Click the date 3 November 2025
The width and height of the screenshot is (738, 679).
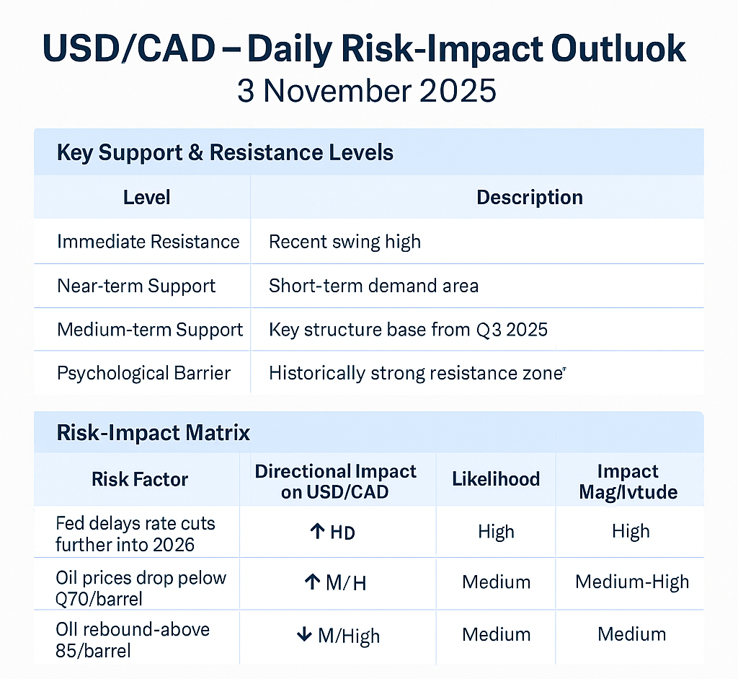coord(367,92)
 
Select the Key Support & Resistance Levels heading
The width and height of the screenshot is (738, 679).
coord(225,152)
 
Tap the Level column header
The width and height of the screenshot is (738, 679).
coord(147,197)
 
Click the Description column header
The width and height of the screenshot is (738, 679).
coord(529,197)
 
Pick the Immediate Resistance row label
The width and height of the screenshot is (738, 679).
coord(148,241)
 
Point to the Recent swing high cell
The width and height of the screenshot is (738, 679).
coord(344,241)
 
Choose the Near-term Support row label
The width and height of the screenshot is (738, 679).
coord(136,286)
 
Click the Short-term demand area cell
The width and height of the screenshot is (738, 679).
coord(373,286)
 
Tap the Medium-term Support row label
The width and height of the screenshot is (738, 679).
coord(150,330)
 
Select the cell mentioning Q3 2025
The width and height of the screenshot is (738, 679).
coord(408,330)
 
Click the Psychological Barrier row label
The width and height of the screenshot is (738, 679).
coord(143,373)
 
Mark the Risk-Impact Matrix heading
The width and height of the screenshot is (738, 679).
coord(153,432)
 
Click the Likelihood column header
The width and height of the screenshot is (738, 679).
coord(496,480)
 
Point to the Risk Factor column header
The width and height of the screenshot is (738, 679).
coord(140,480)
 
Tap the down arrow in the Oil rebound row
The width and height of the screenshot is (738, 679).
coord(304,635)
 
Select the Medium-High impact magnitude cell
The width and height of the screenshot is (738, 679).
coord(631,582)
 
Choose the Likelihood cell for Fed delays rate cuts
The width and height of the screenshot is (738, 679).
coord(496,533)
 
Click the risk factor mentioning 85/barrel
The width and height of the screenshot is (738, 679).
coord(132,639)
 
